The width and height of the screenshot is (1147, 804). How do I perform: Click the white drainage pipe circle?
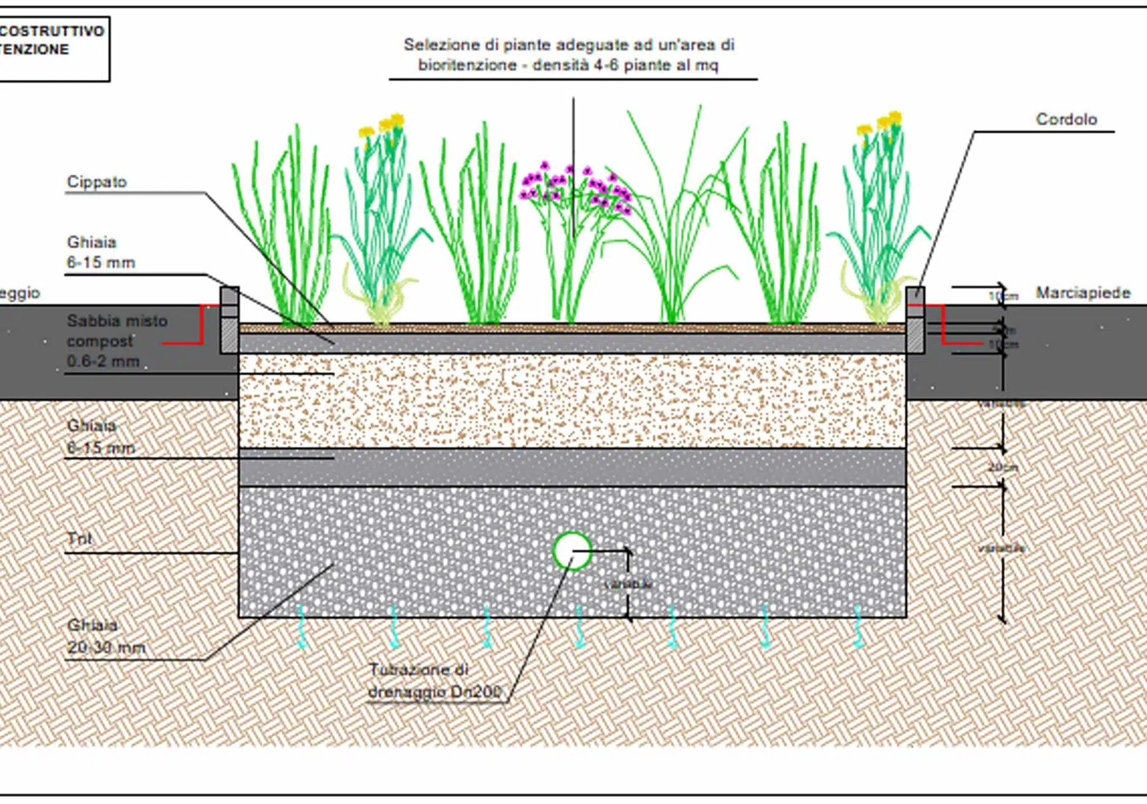(572, 551)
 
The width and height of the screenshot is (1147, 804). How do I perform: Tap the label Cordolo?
(1066, 119)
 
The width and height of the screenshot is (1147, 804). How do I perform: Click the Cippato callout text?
(97, 182)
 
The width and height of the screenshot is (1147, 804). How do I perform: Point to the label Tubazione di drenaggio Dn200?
(434, 681)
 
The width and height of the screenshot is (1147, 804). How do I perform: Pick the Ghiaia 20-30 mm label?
(106, 636)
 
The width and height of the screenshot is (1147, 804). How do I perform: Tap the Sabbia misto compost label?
(117, 341)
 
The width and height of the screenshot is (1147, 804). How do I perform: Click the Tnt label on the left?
(79, 538)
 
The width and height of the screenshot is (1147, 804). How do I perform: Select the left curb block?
(229, 320)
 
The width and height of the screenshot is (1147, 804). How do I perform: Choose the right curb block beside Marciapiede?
(915, 320)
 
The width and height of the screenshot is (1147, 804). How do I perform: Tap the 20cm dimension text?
(1002, 467)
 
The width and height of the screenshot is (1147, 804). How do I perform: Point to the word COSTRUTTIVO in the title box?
(52, 31)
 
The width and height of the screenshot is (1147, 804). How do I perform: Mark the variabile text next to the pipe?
(628, 584)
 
